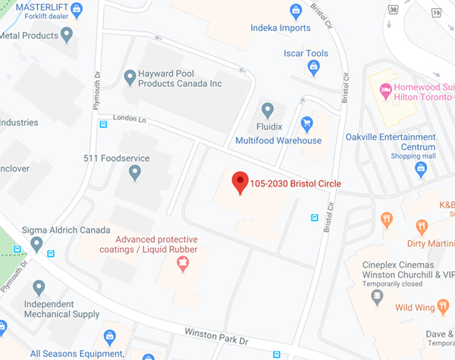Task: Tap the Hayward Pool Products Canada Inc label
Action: pos(180,79)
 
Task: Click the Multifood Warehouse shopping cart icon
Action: pos(306,123)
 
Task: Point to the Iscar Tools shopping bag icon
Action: pos(312,68)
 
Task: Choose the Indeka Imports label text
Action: pos(281,28)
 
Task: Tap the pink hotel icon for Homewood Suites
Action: pos(386,91)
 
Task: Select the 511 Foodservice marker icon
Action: pos(135,173)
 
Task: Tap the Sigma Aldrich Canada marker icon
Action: pos(36,244)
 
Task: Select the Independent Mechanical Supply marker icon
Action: pos(39,287)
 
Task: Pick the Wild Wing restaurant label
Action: pos(417,308)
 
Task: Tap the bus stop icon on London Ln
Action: pos(102,125)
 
